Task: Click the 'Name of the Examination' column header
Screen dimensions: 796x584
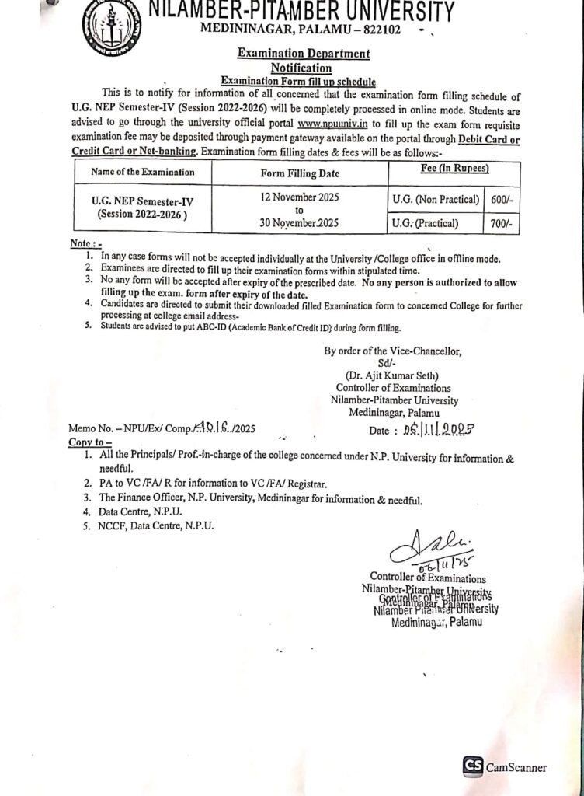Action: (143, 173)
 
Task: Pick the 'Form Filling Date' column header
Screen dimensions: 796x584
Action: (300, 173)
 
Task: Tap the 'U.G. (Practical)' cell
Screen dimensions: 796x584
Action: (426, 224)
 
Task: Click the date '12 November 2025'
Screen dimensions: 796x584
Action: (300, 198)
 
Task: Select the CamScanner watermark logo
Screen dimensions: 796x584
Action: (473, 766)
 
